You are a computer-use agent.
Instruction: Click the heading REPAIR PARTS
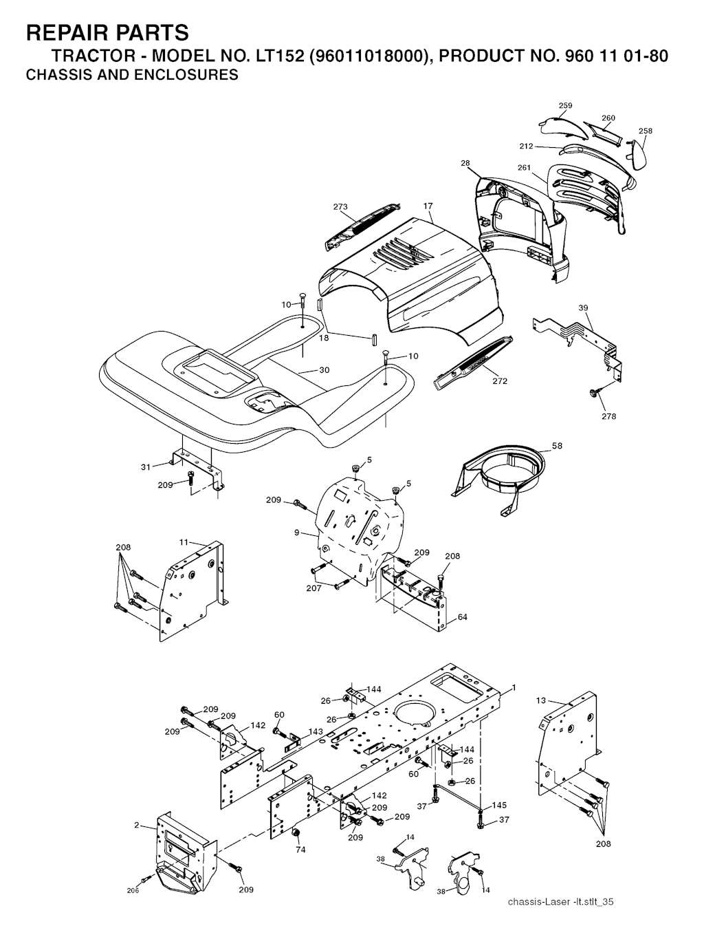click(107, 32)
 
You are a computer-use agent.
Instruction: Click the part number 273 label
click(340, 207)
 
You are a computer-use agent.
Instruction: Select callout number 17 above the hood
click(428, 206)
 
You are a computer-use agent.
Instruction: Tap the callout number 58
click(557, 446)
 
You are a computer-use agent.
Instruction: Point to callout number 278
click(608, 416)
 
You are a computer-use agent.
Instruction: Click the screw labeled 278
click(592, 392)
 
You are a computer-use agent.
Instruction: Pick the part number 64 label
click(462, 617)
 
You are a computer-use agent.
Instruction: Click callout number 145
click(499, 805)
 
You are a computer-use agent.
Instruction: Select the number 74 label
click(300, 849)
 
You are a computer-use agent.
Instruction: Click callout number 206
click(133, 890)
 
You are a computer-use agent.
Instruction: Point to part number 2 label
click(136, 824)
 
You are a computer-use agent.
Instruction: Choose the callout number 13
click(540, 700)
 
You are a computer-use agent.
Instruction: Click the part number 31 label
click(145, 467)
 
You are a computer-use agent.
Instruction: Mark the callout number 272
click(500, 381)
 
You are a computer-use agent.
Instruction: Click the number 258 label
click(645, 131)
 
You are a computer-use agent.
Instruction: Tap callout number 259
click(565, 105)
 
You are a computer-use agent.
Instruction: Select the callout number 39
click(583, 308)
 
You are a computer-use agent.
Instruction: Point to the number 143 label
click(316, 731)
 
